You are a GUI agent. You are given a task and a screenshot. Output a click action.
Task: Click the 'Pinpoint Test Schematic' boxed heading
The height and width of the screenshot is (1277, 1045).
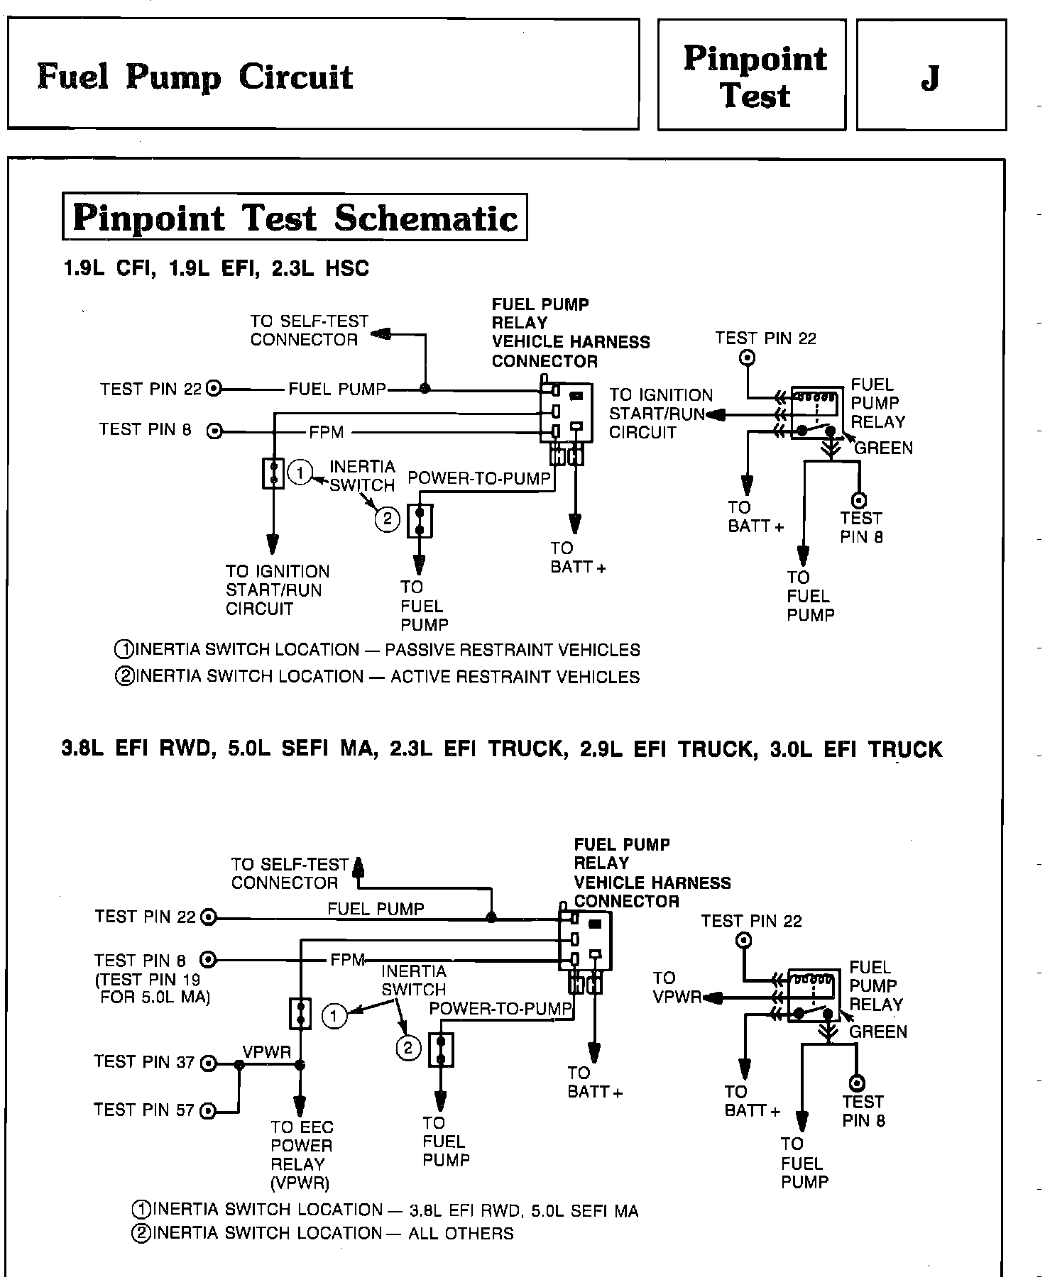pos(295,218)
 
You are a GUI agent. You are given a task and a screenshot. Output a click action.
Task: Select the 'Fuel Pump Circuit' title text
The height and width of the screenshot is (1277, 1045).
pos(195,77)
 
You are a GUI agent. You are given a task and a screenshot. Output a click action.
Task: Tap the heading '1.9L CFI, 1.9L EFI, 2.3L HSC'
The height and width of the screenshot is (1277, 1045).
pos(216,269)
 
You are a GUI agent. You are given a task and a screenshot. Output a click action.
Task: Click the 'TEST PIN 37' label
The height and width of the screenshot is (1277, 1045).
pos(144,1062)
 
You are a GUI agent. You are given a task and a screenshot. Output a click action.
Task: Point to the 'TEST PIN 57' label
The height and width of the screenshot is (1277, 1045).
pos(144,1110)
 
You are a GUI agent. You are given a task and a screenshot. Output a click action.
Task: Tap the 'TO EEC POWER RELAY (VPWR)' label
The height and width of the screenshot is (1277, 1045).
pos(301,1154)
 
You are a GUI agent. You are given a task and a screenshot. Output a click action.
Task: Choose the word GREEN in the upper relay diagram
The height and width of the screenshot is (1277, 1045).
pos(883,448)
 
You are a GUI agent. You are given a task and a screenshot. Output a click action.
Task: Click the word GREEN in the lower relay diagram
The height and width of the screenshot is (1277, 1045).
pos(878,1032)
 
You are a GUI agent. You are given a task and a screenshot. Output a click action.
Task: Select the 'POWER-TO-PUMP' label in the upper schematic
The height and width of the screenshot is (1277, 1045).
pos(479,478)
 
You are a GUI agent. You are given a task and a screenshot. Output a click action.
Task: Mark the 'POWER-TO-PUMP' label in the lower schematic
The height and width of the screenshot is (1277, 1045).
pos(500,1008)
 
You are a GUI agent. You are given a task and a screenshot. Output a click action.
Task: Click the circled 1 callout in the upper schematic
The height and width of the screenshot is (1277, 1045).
pos(300,472)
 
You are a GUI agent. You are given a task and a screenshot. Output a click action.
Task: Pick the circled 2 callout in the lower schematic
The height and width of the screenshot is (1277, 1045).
pos(408,1049)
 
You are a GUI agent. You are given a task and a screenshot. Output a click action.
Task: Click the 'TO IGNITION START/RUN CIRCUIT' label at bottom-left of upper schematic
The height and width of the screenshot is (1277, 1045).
pos(278,590)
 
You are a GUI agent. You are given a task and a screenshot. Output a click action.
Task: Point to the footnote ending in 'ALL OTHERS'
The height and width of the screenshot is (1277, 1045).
pos(323,1233)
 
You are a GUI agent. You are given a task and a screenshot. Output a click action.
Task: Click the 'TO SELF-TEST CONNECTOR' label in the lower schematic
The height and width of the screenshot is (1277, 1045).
pos(290,873)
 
